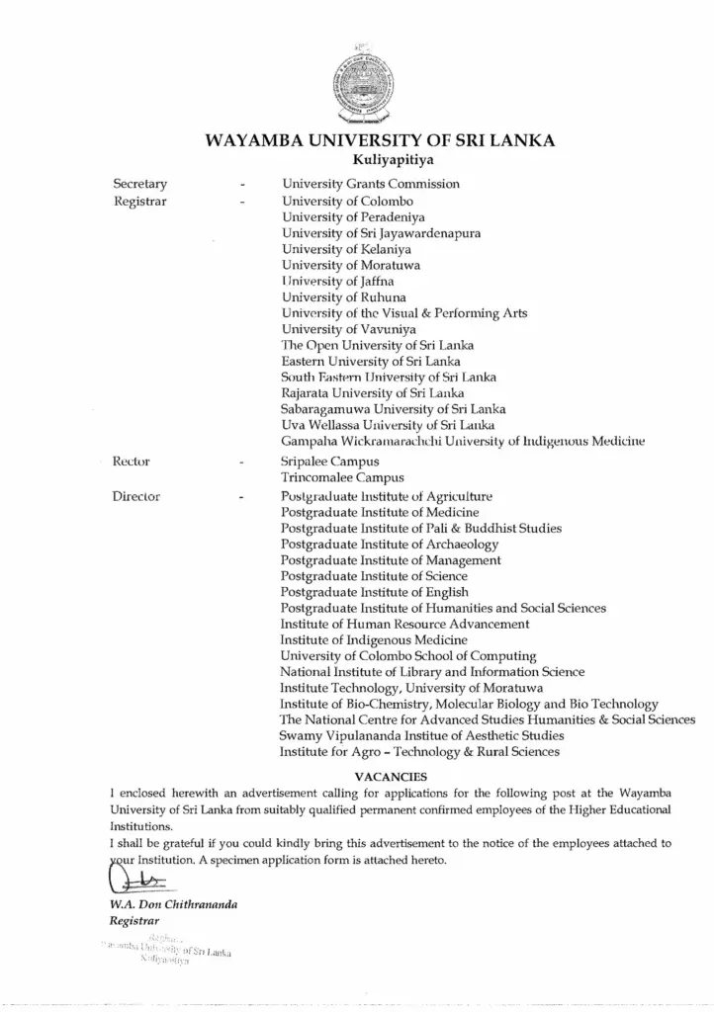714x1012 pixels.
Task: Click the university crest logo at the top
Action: click(356, 83)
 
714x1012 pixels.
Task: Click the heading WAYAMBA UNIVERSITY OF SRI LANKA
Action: click(380, 140)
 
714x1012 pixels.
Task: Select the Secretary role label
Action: click(139, 184)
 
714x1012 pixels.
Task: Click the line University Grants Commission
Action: click(371, 184)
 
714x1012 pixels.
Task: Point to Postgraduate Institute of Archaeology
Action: click(390, 545)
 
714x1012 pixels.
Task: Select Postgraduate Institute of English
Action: click(375, 592)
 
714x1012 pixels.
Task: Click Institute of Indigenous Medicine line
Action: click(374, 640)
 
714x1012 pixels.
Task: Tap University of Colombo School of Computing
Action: click(408, 656)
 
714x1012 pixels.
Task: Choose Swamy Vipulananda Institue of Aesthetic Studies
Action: click(422, 735)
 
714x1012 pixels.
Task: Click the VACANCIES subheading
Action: click(390, 777)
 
